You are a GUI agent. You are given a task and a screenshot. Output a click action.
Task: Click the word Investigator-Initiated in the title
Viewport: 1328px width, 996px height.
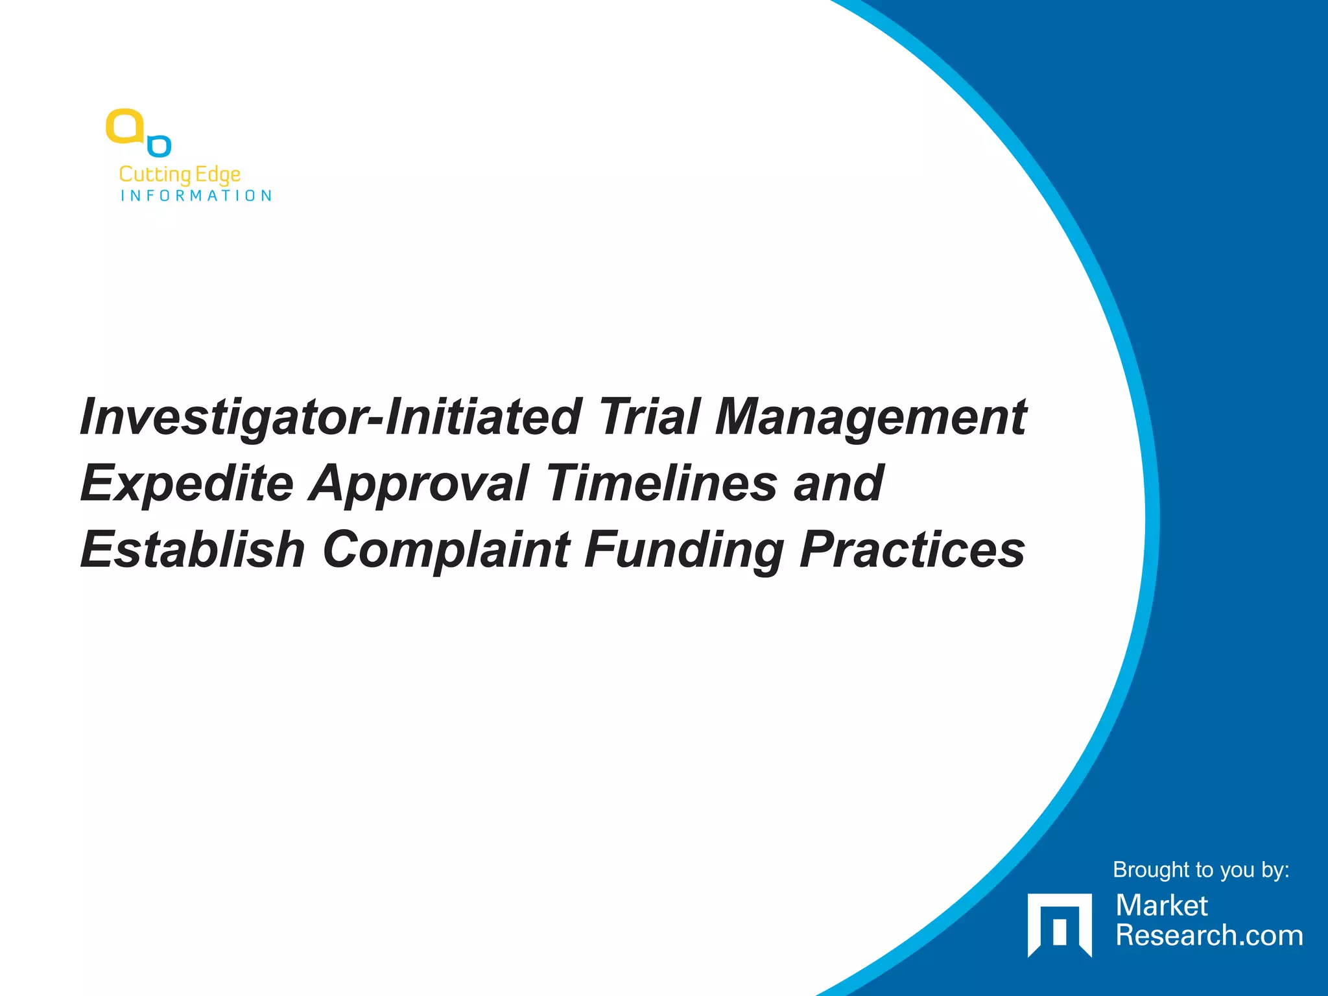coord(329,417)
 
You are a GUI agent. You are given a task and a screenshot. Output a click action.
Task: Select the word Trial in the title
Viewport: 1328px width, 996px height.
coord(649,417)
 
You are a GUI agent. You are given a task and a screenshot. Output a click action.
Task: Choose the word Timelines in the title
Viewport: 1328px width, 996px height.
coord(661,483)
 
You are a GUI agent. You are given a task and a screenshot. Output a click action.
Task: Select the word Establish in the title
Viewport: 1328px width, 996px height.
coord(193,549)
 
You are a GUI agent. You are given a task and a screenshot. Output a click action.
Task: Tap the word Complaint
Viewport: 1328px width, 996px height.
coord(447,551)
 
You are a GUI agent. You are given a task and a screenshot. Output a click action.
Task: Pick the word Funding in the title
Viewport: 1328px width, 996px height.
coord(685,551)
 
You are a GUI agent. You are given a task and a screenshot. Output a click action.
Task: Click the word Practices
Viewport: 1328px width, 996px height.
coord(912,549)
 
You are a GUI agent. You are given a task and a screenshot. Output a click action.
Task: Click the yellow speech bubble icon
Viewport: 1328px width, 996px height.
coord(125,126)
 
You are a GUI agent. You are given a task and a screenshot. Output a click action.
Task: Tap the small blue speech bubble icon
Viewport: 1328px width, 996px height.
coord(160,146)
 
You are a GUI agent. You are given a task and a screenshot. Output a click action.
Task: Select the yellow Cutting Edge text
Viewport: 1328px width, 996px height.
coord(180,174)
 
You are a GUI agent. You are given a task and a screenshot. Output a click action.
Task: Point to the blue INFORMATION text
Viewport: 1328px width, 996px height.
coord(196,196)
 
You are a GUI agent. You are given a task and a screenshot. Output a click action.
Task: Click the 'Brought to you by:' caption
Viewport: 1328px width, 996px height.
coord(1201,870)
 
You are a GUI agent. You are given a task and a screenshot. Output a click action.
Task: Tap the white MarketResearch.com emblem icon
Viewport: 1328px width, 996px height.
coord(1060,925)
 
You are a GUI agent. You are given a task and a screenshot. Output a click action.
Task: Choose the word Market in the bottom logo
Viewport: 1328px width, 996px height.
coord(1161,906)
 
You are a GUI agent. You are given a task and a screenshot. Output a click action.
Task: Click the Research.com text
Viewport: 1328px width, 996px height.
coord(1209,936)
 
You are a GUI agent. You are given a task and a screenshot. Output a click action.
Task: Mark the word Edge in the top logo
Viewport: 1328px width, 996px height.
coord(218,174)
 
